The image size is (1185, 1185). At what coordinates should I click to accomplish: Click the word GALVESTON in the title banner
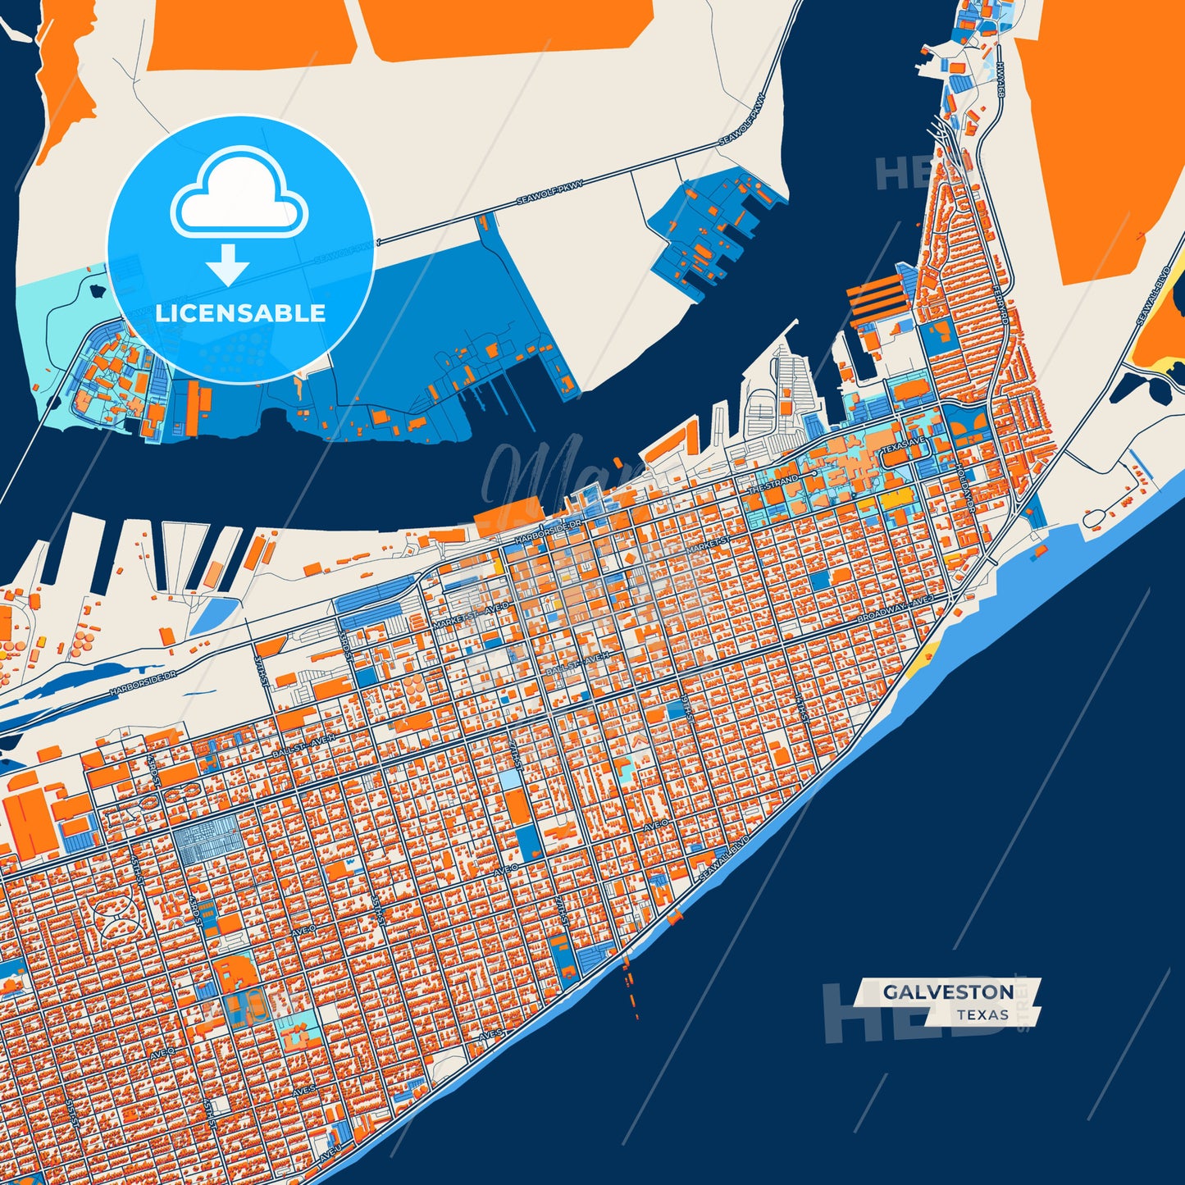click(x=948, y=992)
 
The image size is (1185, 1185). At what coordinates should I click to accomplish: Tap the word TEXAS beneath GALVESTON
click(x=982, y=1015)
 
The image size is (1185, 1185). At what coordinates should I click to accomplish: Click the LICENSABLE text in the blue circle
click(x=240, y=313)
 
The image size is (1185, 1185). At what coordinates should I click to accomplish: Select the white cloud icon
click(x=239, y=194)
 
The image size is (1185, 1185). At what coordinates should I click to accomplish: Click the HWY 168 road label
click(x=1000, y=82)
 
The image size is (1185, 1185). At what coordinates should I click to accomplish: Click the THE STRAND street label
click(x=773, y=484)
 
